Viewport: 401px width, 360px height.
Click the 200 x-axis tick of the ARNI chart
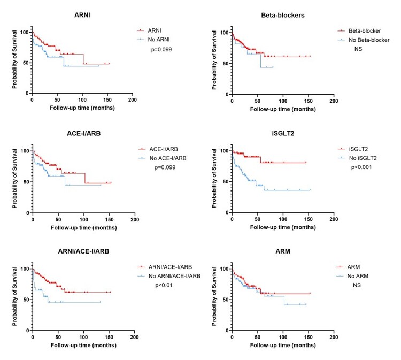[133, 100]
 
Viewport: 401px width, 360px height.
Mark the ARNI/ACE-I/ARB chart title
[83, 254]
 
